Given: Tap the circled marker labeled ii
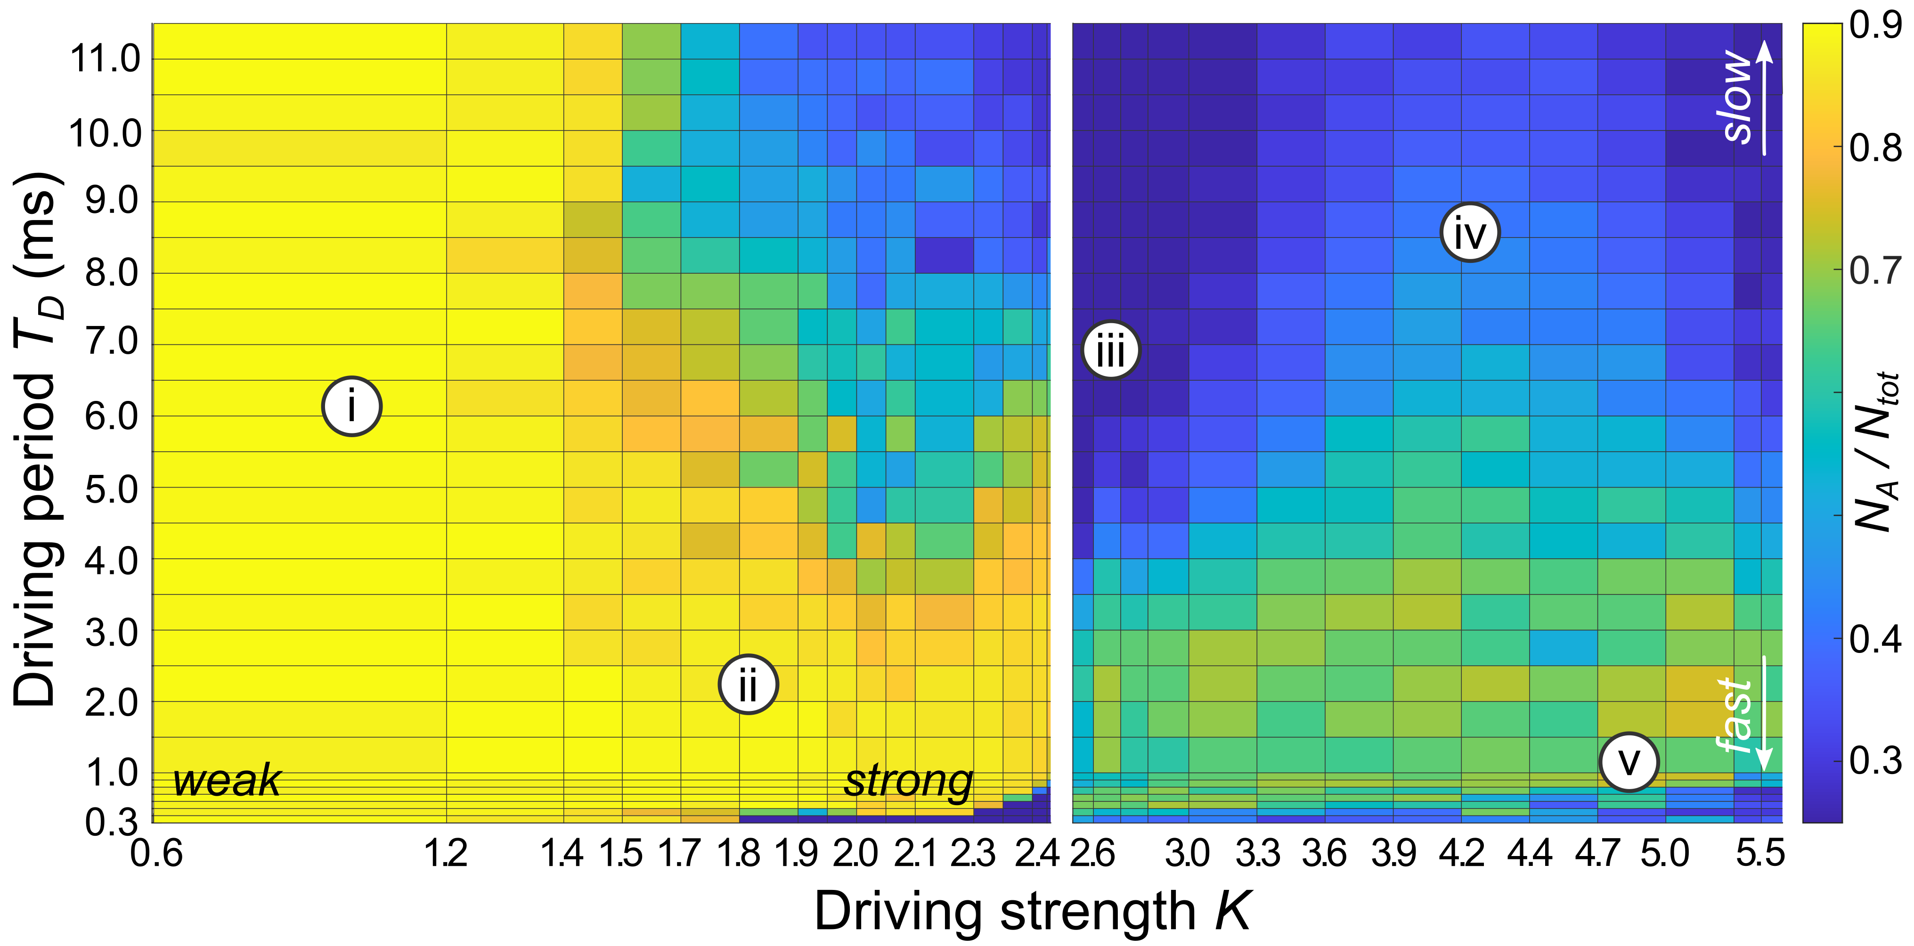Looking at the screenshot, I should [748, 684].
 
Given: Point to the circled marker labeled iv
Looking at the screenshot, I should [1470, 232].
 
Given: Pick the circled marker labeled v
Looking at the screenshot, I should [1629, 762].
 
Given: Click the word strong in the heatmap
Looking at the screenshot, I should [908, 781].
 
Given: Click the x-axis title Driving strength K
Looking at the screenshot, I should [1033, 910].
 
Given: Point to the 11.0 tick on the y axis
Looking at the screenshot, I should [105, 59].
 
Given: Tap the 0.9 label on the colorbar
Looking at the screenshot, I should [1874, 25].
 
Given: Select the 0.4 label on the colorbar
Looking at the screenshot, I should [1874, 638].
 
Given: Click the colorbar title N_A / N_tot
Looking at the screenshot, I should [1878, 449].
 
